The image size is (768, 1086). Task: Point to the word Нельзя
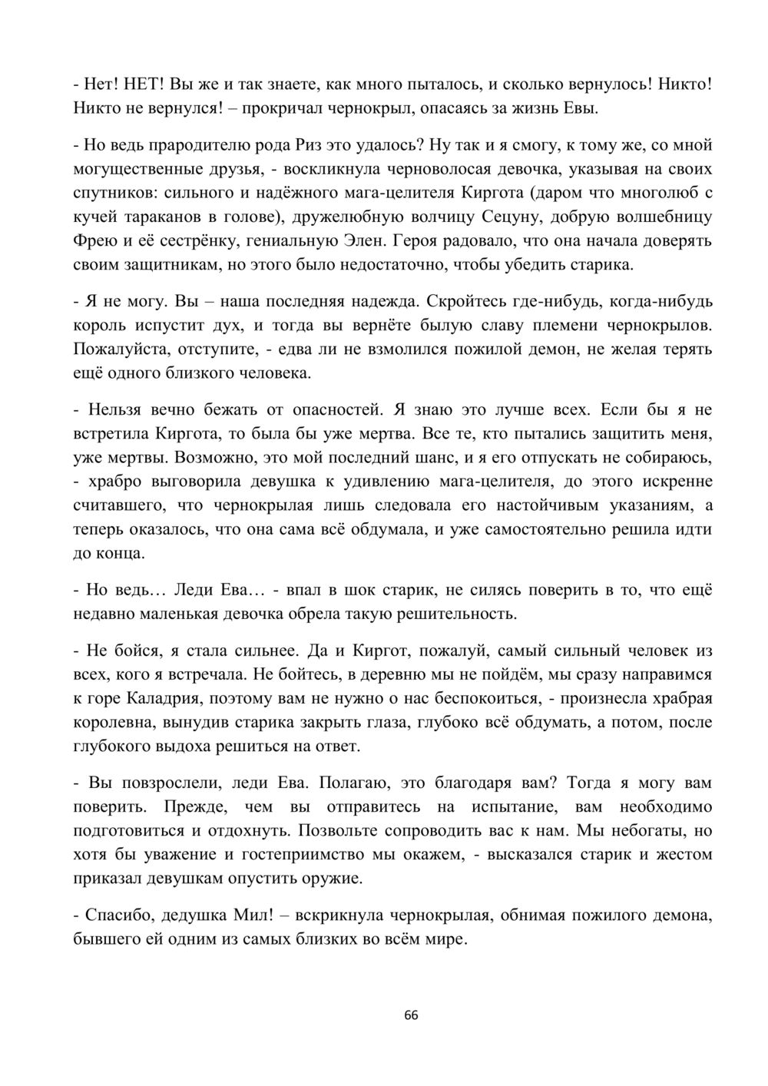pyautogui.click(x=121, y=409)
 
